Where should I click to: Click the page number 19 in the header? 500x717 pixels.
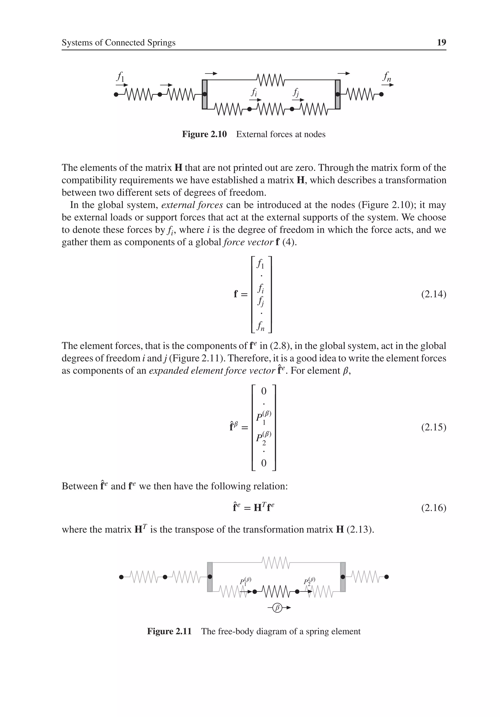441,42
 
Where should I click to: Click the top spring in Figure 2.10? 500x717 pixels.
270,80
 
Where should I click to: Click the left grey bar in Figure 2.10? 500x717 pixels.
205,94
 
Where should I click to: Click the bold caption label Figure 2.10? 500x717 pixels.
204,134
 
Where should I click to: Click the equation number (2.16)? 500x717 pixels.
433,508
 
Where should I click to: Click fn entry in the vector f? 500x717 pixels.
260,326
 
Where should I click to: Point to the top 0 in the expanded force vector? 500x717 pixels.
264,391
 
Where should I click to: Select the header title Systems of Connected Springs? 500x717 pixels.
118,42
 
